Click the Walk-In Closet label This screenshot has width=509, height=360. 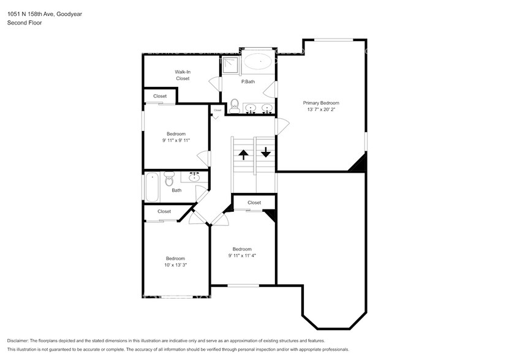pyautogui.click(x=183, y=75)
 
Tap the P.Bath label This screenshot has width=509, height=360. pyautogui.click(x=248, y=81)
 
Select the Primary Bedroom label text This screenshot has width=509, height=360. pyautogui.click(x=321, y=103)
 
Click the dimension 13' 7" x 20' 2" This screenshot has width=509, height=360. pyautogui.click(x=321, y=110)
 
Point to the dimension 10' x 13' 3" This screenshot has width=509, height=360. pyautogui.click(x=176, y=265)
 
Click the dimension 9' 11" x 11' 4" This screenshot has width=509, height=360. pyautogui.click(x=242, y=256)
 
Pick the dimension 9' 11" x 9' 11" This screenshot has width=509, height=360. pyautogui.click(x=176, y=140)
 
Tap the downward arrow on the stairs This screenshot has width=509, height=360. pyautogui.click(x=265, y=152)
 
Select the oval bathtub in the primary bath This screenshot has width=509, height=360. pyautogui.click(x=258, y=62)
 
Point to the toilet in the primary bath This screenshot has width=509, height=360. pyautogui.click(x=234, y=105)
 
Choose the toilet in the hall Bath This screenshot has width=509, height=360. pyautogui.click(x=170, y=179)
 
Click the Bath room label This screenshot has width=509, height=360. pyautogui.click(x=176, y=190)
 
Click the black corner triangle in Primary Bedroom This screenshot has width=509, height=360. pyautogui.click(x=359, y=163)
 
